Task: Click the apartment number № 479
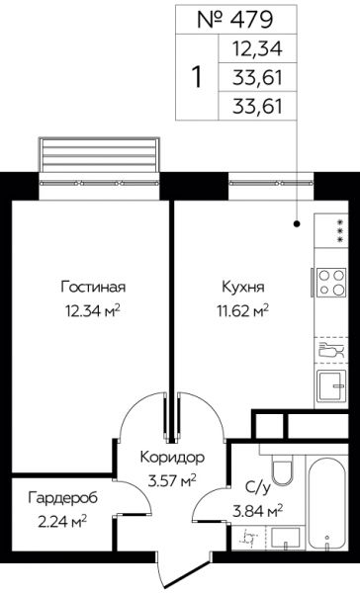click(x=234, y=20)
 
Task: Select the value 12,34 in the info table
click(x=257, y=48)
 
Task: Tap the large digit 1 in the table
click(x=197, y=77)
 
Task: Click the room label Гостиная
click(x=93, y=287)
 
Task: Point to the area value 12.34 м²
click(x=93, y=311)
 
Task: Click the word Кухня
click(x=243, y=287)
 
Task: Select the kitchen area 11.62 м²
click(x=242, y=311)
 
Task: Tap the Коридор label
click(x=172, y=458)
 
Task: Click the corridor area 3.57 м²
click(x=172, y=481)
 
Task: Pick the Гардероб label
click(x=63, y=498)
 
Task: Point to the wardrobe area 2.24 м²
click(x=62, y=522)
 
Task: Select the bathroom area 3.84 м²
click(x=258, y=512)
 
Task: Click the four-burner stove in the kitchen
click(x=331, y=282)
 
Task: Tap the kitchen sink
click(x=331, y=385)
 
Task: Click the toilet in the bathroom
click(x=283, y=467)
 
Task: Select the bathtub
click(x=326, y=504)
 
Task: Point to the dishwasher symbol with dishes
click(x=331, y=350)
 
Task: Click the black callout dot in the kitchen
click(x=297, y=224)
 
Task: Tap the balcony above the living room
click(x=100, y=155)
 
